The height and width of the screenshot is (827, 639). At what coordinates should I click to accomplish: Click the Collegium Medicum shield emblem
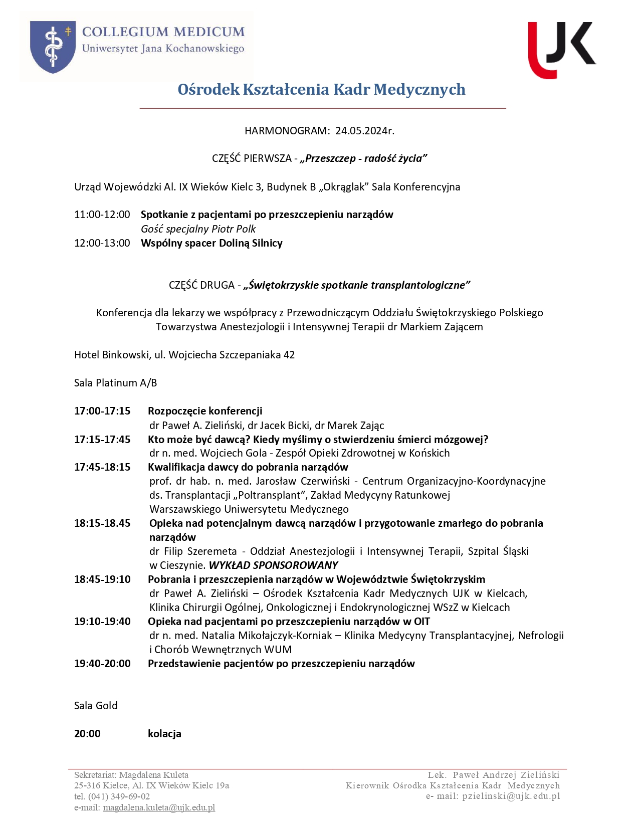click(x=53, y=47)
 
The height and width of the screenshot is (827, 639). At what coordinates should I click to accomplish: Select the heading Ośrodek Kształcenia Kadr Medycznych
click(x=321, y=89)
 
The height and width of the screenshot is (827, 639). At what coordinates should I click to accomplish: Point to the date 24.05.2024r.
click(x=365, y=131)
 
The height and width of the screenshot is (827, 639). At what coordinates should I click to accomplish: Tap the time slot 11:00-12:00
click(x=102, y=215)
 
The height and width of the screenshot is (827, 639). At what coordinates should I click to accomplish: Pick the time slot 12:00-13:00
click(x=102, y=243)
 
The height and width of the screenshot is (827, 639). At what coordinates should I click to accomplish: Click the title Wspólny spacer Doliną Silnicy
click(x=211, y=243)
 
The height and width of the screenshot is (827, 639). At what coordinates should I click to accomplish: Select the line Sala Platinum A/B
click(x=115, y=383)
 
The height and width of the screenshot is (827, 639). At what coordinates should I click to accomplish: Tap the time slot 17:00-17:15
click(x=102, y=411)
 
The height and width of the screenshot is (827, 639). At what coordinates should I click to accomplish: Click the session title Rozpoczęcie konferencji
click(x=205, y=411)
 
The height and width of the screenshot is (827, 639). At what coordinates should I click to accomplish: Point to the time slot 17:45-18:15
click(x=102, y=467)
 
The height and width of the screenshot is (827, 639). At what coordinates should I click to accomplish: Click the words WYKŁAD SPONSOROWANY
click(x=273, y=565)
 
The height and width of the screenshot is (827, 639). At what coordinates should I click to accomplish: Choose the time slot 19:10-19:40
click(x=102, y=622)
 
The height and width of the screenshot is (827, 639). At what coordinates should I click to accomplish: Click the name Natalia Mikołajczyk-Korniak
click(x=267, y=636)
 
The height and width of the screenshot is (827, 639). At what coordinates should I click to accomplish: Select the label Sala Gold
click(x=96, y=706)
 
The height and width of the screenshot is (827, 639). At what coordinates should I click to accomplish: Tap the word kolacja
click(x=164, y=734)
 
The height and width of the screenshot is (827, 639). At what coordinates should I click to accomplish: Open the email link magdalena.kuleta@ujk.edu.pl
click(x=159, y=807)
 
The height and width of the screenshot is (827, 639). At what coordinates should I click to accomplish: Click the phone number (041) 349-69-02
click(x=119, y=796)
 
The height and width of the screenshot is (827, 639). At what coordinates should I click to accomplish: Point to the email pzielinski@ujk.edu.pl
click(x=511, y=796)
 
